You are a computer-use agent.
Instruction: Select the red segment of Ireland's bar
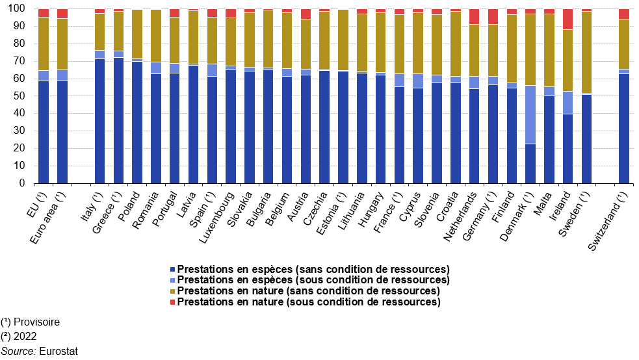click(x=568, y=19)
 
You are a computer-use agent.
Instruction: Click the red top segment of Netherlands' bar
click(x=475, y=17)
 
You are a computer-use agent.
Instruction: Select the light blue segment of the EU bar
click(x=44, y=75)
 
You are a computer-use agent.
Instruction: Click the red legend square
click(x=172, y=302)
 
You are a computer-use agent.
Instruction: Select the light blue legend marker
click(x=172, y=280)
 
